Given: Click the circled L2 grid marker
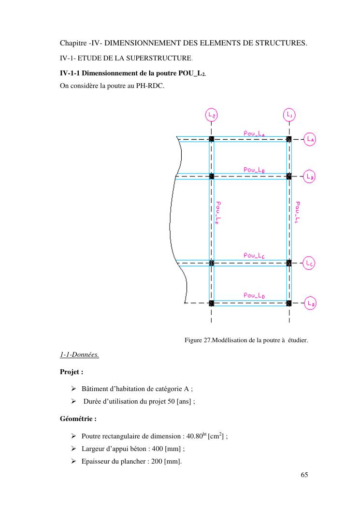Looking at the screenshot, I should click(x=211, y=115).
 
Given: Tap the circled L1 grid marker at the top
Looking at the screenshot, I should click(x=289, y=115).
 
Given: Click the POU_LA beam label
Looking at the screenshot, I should click(x=254, y=133).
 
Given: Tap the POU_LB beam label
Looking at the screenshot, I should click(x=254, y=170).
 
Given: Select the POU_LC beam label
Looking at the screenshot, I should click(x=254, y=255).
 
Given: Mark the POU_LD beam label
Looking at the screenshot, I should click(x=254, y=295).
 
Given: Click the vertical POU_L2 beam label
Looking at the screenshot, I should click(x=218, y=213).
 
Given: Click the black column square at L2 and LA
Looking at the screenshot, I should click(x=211, y=139).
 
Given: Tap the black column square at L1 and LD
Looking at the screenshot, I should click(x=289, y=304).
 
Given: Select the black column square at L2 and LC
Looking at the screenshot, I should click(x=211, y=263).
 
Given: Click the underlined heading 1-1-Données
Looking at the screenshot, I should click(x=79, y=355).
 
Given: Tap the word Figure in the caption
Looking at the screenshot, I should click(x=193, y=340).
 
